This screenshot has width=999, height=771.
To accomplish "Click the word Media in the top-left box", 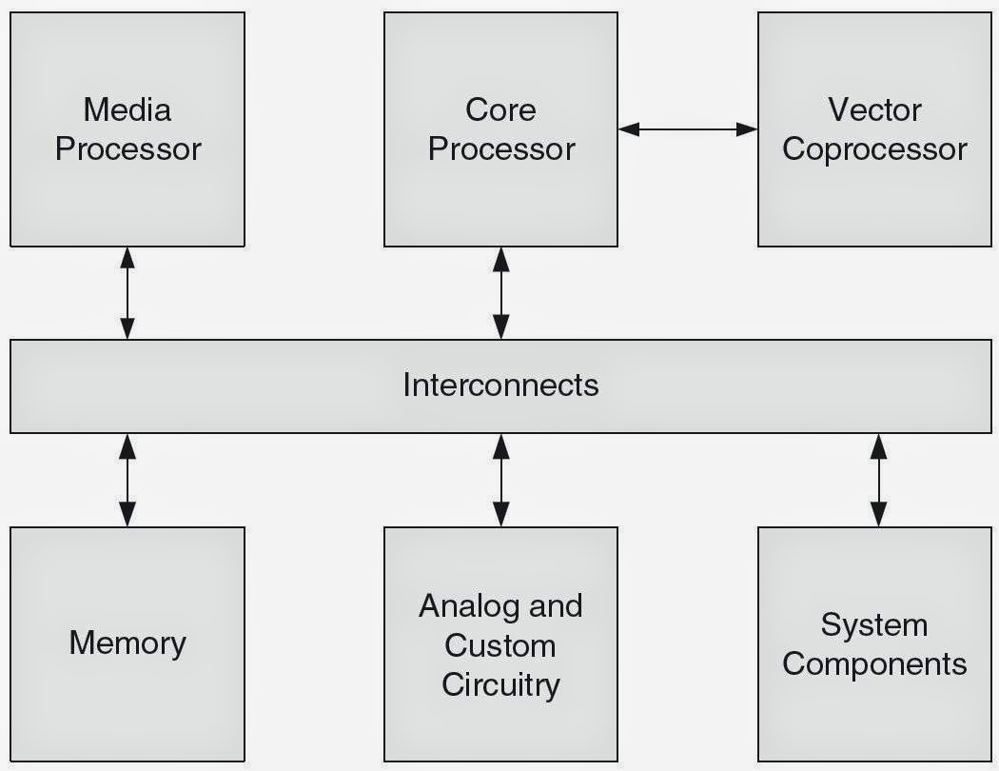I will pyautogui.click(x=127, y=109).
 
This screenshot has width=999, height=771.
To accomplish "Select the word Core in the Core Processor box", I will pyautogui.click(x=500, y=109).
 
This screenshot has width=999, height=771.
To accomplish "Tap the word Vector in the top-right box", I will pyautogui.click(x=874, y=109).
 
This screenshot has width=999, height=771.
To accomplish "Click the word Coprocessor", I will pyautogui.click(x=874, y=149).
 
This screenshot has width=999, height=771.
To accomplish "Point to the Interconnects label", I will pyautogui.click(x=500, y=385).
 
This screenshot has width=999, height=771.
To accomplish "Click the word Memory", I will pyautogui.click(x=127, y=642).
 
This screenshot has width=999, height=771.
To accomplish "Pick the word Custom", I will pyautogui.click(x=500, y=645).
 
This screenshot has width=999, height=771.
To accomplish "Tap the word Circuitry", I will pyautogui.click(x=500, y=684).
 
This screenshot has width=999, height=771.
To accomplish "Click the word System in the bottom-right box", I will pyautogui.click(x=874, y=624).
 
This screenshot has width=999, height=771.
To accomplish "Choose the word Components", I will pyautogui.click(x=874, y=663).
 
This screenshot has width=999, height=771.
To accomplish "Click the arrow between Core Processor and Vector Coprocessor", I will pyautogui.click(x=687, y=128).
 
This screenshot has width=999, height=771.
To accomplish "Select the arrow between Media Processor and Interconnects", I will pyautogui.click(x=127, y=292).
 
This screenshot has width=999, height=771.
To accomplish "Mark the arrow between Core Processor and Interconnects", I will pyautogui.click(x=500, y=292).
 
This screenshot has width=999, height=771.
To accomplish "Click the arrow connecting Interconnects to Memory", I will pyautogui.click(x=127, y=479).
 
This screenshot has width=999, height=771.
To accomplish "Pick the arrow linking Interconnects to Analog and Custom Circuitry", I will pyautogui.click(x=500, y=479).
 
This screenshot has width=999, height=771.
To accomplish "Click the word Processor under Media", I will pyautogui.click(x=127, y=149).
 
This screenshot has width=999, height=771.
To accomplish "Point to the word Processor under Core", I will pyautogui.click(x=500, y=149).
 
